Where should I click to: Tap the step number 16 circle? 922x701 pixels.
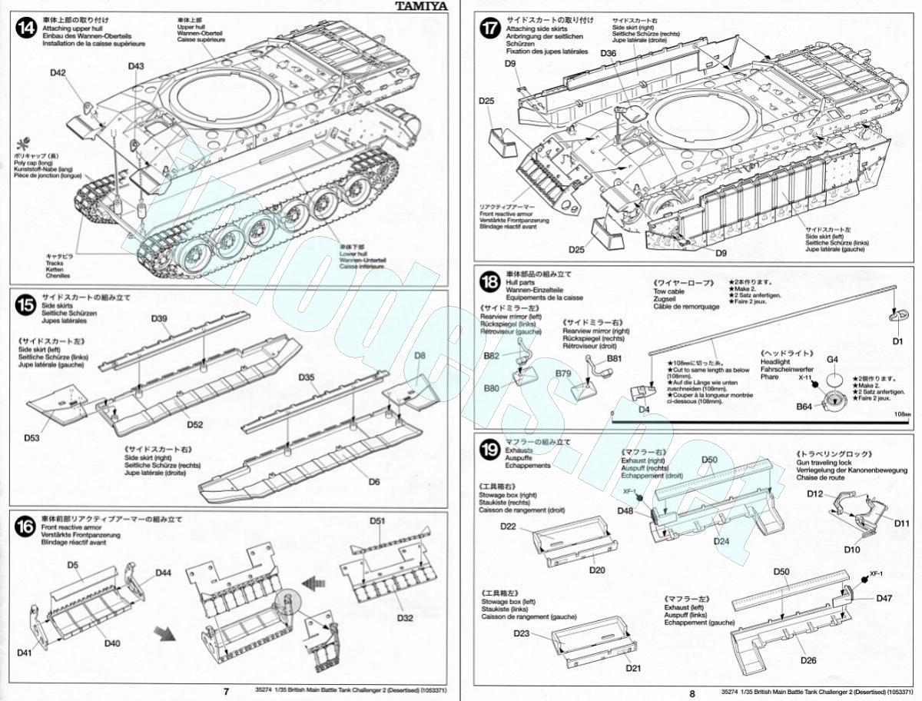pos(26,527)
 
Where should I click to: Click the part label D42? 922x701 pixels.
pos(59,73)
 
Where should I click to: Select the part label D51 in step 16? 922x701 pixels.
pos(376,521)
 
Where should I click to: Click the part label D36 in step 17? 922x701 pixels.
pos(607,53)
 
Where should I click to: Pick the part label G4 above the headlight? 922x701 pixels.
pos(832,359)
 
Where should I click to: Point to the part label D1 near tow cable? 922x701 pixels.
pos(897,341)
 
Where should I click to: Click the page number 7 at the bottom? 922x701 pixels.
pos(226,692)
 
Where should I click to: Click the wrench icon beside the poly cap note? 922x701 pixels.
pos(18,144)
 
